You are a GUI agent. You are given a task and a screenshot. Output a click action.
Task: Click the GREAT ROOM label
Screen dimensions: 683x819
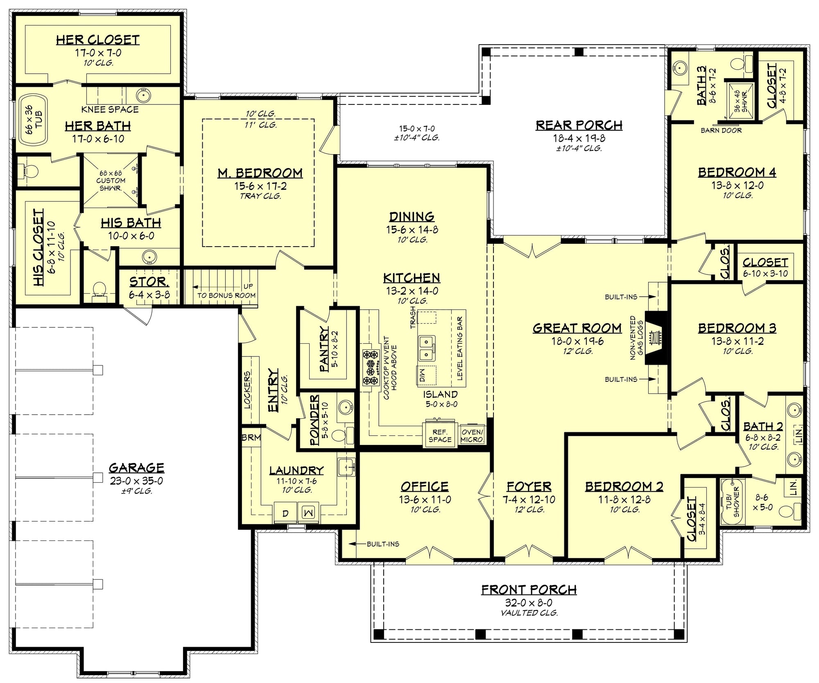(577, 328)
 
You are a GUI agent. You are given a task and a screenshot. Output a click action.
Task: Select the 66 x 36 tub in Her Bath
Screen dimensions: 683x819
(31, 119)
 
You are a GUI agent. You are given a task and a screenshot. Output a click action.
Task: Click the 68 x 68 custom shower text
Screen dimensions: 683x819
(111, 181)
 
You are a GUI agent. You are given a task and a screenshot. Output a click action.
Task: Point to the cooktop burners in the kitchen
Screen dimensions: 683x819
(371, 368)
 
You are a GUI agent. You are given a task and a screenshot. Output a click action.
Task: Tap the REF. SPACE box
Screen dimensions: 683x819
(440, 436)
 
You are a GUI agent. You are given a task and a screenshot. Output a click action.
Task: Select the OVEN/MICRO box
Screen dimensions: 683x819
(472, 436)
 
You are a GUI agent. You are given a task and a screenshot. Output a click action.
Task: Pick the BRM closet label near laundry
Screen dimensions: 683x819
(251, 438)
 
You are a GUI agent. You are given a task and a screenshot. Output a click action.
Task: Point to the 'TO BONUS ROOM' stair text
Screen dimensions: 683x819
(226, 295)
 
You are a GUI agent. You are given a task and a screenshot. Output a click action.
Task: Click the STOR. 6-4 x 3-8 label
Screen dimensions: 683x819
(149, 288)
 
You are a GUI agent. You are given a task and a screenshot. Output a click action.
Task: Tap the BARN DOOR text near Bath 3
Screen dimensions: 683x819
(721, 130)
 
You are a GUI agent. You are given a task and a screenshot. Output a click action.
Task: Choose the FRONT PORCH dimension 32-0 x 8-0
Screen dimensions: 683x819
(529, 603)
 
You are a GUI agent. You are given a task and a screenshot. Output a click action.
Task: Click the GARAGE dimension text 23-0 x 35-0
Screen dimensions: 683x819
(136, 481)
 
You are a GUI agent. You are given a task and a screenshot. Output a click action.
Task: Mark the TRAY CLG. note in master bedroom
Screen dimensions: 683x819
(260, 196)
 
